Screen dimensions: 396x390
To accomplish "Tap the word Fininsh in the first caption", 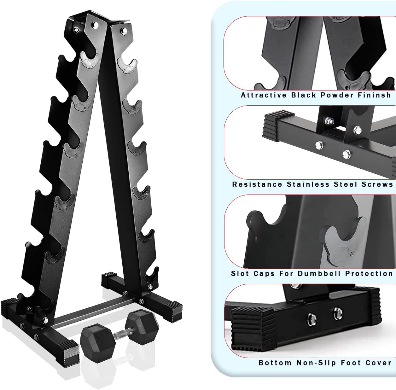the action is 374,95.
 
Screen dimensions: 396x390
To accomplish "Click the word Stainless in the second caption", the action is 308,184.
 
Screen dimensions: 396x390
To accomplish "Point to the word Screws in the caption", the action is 377,184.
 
